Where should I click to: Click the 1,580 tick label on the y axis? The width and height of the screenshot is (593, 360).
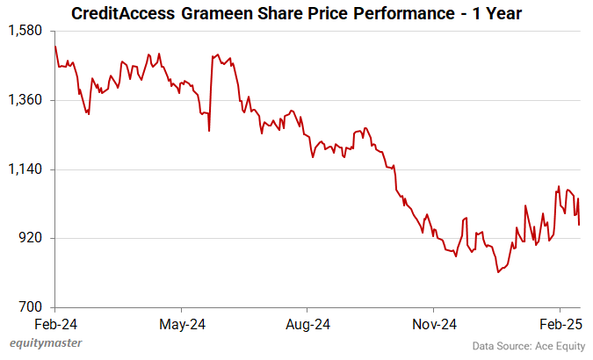27,31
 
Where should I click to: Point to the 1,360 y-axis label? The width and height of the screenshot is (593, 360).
27,100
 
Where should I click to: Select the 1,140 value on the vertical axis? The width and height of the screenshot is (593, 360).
27,169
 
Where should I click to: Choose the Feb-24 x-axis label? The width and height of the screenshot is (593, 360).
55,324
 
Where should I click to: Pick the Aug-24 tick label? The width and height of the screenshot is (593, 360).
308,324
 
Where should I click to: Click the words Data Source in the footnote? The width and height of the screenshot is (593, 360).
493,346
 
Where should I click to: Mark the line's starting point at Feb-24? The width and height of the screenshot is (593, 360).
55,47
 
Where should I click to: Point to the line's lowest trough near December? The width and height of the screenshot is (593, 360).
497,272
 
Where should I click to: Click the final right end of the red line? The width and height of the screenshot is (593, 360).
580,225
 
